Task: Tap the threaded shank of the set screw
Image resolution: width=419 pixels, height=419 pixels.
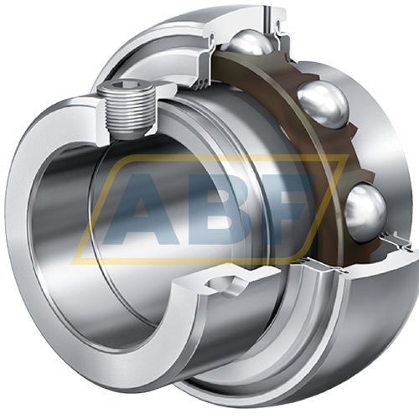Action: point(129,113)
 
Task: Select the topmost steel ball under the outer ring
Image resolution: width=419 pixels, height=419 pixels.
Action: point(248,43)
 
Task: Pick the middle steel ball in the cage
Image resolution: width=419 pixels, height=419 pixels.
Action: point(323,106)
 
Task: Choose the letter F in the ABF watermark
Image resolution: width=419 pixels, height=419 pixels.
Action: point(293,209)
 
